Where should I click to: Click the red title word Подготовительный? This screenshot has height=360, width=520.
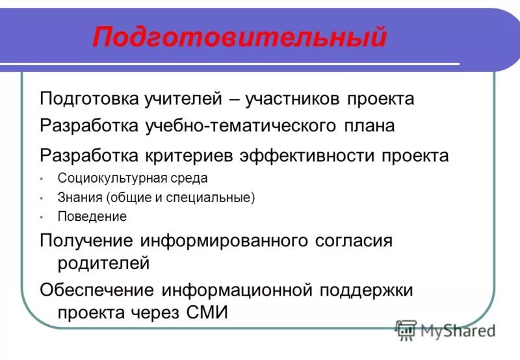239,37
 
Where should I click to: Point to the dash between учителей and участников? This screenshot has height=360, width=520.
232,99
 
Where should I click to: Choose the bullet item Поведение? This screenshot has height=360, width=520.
92,217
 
